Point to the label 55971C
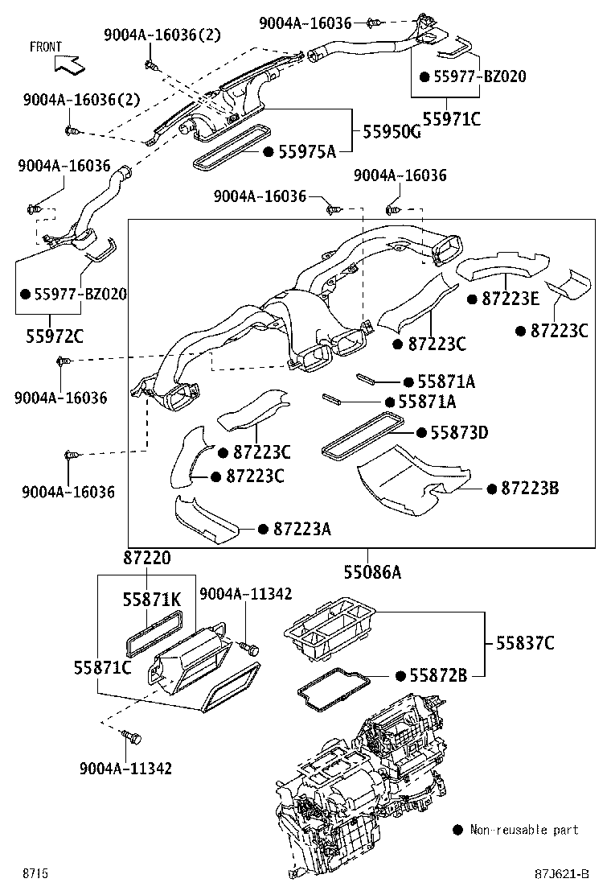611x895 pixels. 452,119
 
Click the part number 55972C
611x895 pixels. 51,335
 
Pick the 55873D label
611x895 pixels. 459,433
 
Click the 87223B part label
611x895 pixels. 530,488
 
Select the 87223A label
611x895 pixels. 302,529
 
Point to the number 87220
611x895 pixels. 147,558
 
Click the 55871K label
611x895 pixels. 152,600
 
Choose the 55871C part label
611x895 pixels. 102,666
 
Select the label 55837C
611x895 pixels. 524,643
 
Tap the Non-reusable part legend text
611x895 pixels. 524,830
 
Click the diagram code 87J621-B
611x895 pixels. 564,873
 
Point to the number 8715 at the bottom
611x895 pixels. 35,873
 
